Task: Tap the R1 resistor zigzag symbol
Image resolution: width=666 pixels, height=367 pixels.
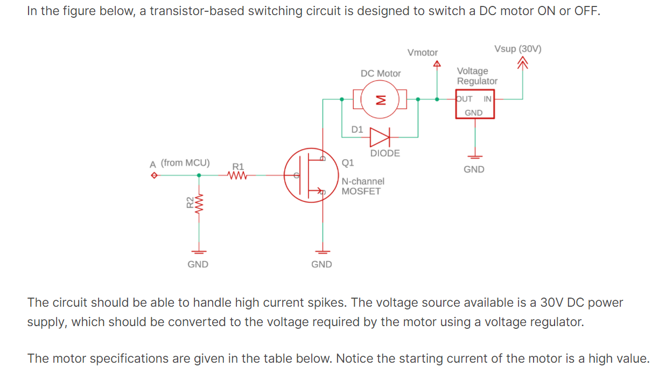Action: click(x=237, y=175)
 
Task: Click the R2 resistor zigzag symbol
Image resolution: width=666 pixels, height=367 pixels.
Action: click(x=199, y=203)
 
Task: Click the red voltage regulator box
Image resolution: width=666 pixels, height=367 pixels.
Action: click(x=475, y=105)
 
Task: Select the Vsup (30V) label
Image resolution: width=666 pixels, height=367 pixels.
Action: click(x=517, y=49)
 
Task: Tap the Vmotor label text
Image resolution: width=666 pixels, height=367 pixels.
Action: click(x=423, y=53)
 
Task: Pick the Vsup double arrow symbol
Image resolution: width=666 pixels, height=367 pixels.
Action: click(x=522, y=65)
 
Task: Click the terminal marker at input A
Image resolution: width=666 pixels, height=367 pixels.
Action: click(x=154, y=175)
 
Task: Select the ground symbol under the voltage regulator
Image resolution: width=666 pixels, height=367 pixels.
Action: click(x=474, y=157)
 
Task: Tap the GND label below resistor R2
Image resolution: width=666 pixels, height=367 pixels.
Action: click(x=198, y=264)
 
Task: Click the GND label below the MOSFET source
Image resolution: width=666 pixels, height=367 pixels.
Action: click(x=321, y=264)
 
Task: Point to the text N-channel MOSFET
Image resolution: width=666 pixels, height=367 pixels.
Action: click(x=363, y=186)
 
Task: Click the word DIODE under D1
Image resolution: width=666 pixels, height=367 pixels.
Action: click(x=385, y=153)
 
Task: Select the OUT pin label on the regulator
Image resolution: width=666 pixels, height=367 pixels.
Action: click(x=464, y=99)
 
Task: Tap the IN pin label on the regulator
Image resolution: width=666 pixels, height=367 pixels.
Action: click(x=487, y=99)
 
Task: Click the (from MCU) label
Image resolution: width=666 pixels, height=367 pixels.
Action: click(x=185, y=163)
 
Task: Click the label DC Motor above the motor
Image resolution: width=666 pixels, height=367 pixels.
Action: click(x=381, y=73)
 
